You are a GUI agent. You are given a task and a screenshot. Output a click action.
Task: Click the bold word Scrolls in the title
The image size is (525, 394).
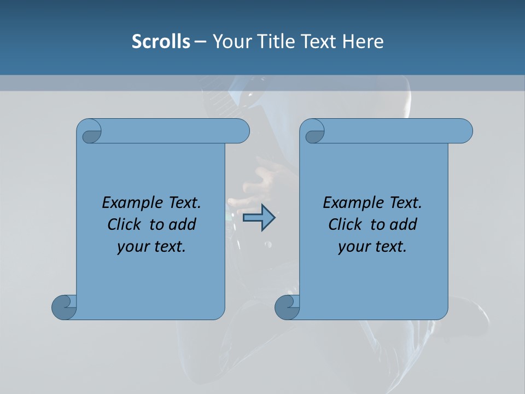click(161, 42)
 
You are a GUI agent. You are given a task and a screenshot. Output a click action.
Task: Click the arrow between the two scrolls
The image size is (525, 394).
click(259, 218)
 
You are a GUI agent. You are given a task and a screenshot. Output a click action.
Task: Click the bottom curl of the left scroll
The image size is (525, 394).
click(64, 306)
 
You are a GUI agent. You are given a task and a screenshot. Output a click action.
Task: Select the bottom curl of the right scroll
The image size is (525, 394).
click(287, 306)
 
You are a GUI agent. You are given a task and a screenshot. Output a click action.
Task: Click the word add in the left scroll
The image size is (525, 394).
click(182, 224)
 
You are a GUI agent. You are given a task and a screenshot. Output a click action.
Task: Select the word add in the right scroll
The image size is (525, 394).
click(404, 224)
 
